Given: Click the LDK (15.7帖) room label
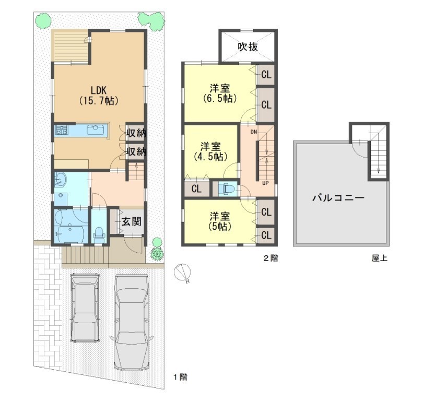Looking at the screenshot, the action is click(99, 95).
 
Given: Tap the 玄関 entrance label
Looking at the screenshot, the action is click(132, 222).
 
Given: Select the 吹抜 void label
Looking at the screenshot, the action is click(248, 46).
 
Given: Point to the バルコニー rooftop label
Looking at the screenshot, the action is click(338, 198).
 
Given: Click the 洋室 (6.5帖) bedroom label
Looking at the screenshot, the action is click(220, 93).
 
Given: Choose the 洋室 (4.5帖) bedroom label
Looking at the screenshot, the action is click(210, 151).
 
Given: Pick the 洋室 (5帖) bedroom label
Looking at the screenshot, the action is click(220, 221).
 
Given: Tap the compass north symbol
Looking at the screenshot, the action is click(182, 273).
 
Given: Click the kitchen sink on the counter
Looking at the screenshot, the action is click(95, 130).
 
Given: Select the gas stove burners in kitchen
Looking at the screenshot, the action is click(62, 130).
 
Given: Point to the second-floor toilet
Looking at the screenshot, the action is click(227, 188).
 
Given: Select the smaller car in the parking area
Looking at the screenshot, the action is click(85, 308).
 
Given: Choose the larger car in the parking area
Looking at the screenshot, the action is click(131, 323).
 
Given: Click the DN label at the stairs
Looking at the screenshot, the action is click(254, 132).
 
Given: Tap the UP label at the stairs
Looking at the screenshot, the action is click(265, 183).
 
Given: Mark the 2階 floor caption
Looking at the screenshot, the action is click(271, 258).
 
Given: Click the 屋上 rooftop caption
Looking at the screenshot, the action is click(380, 258).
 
